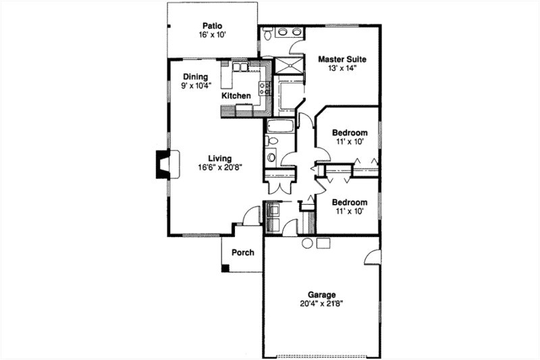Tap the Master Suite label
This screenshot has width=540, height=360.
(342, 59)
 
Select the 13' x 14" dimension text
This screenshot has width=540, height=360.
(342, 68)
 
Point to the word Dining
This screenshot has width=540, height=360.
(194, 77)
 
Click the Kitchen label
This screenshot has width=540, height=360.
(236, 96)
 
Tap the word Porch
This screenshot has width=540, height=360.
(243, 253)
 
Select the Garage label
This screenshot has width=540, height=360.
(322, 294)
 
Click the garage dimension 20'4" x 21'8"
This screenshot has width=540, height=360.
(322, 304)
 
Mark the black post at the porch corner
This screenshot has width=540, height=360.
(225, 268)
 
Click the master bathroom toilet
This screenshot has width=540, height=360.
(267, 34)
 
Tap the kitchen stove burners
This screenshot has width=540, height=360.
(265, 88)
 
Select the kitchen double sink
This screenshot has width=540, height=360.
(240, 67)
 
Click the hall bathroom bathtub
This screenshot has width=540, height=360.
(279, 126)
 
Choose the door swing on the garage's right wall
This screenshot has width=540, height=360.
(372, 257)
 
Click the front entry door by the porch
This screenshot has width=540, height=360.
(252, 216)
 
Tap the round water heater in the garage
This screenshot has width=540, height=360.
(307, 243)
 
